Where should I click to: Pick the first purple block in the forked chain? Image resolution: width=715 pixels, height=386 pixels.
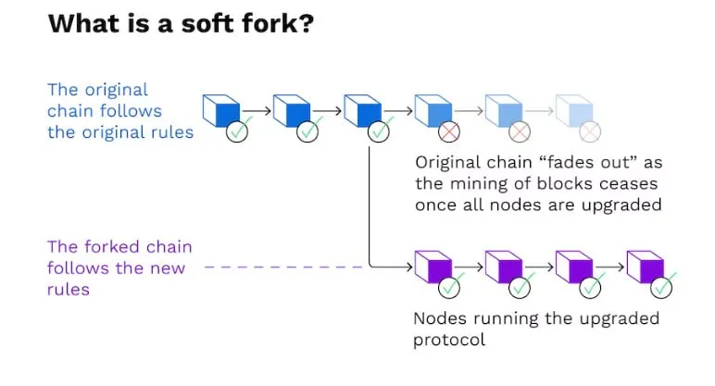click(x=431, y=268)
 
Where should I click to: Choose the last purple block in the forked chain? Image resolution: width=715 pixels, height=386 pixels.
click(x=644, y=268)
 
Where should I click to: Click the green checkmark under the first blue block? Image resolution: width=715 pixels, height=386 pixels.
click(x=237, y=132)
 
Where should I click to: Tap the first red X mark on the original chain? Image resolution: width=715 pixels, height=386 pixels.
click(x=449, y=132)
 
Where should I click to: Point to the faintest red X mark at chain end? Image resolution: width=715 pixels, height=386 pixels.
click(x=591, y=132)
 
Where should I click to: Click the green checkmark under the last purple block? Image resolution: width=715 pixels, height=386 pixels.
click(x=661, y=288)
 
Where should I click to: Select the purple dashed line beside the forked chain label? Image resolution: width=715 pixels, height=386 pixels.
click(x=282, y=268)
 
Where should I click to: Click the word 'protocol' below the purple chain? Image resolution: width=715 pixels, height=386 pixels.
click(x=449, y=340)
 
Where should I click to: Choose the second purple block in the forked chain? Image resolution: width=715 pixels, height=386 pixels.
click(x=502, y=268)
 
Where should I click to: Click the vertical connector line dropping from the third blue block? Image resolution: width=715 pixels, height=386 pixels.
click(x=370, y=204)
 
